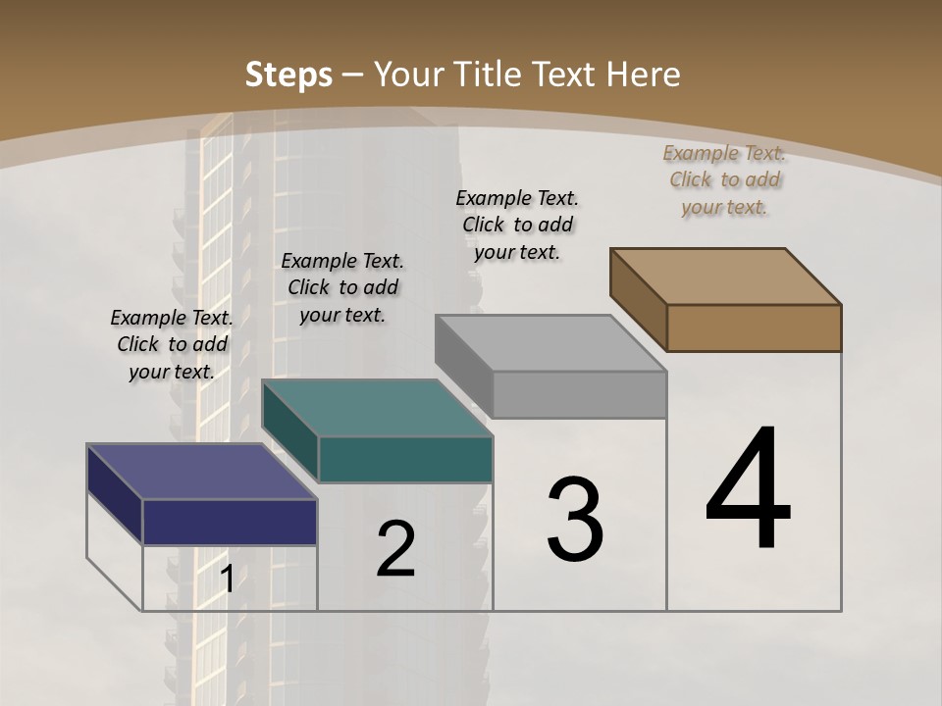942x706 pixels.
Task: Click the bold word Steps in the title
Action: pos(288,75)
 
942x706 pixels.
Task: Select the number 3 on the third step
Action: pos(575,520)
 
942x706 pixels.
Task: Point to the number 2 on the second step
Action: pos(395,549)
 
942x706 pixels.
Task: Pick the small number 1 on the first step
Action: pos(227,580)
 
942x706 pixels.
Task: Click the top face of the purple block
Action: pos(201,471)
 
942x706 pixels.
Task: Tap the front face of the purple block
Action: pos(230,522)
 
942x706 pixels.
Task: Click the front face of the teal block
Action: pos(405,459)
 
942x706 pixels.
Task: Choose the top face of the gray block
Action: pos(550,343)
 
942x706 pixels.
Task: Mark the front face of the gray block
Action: pos(579,394)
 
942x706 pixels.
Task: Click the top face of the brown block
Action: pos(726,276)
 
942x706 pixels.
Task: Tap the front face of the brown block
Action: pos(754,328)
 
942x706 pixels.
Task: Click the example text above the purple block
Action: pos(172,344)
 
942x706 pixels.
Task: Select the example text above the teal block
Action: pos(342,287)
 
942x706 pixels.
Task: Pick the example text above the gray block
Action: pos(517,225)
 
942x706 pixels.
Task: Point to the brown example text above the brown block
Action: pos(724,179)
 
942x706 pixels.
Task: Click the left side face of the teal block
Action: pos(289,431)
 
